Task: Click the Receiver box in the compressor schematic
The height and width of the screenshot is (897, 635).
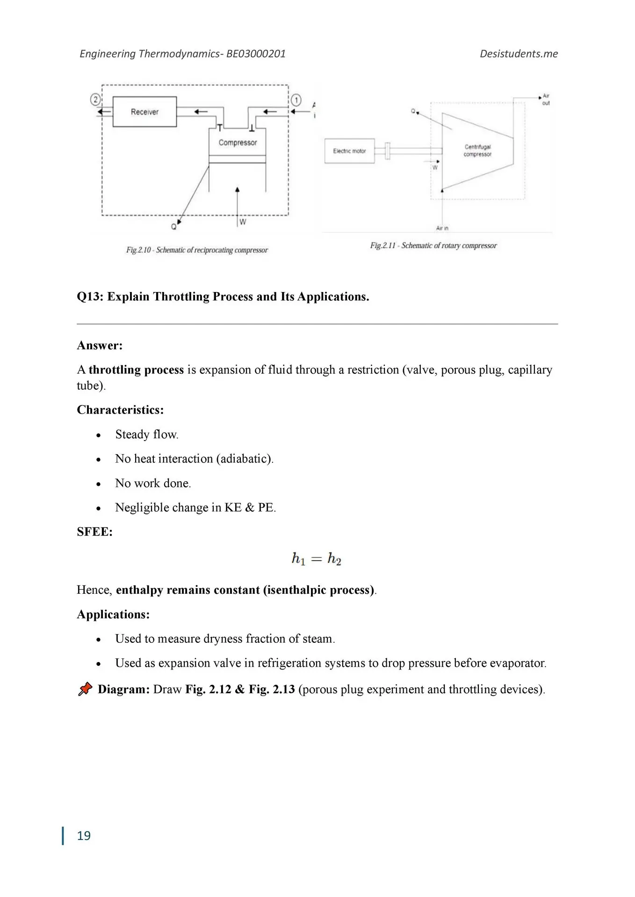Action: pos(144,112)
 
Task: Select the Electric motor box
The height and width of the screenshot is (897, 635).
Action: pos(349,151)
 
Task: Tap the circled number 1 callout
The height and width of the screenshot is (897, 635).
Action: pos(296,100)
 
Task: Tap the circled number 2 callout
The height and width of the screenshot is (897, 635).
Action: pos(95,100)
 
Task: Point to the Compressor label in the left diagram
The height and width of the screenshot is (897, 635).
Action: pos(238,142)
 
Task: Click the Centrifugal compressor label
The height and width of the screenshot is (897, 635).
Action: pos(477,150)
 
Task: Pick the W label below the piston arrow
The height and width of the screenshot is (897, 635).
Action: pos(243,222)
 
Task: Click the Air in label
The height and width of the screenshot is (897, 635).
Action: pos(442,228)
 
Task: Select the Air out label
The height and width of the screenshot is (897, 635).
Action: pos(546,100)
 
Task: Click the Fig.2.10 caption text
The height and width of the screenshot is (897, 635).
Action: pos(197,250)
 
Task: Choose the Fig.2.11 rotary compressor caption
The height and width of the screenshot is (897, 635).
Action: pos(433,245)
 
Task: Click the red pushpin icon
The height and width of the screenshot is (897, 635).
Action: pos(85,689)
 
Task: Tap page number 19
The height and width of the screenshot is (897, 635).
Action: pos(84,835)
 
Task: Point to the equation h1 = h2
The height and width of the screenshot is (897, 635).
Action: pos(316,559)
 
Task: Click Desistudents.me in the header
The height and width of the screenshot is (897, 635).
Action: pos(519,54)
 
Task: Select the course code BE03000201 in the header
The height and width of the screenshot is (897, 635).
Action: pos(256,54)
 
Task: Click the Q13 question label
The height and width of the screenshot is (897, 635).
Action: pos(90,297)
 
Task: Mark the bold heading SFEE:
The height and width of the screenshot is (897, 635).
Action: pos(94,532)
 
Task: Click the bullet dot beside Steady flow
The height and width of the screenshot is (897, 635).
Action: pos(99,435)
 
